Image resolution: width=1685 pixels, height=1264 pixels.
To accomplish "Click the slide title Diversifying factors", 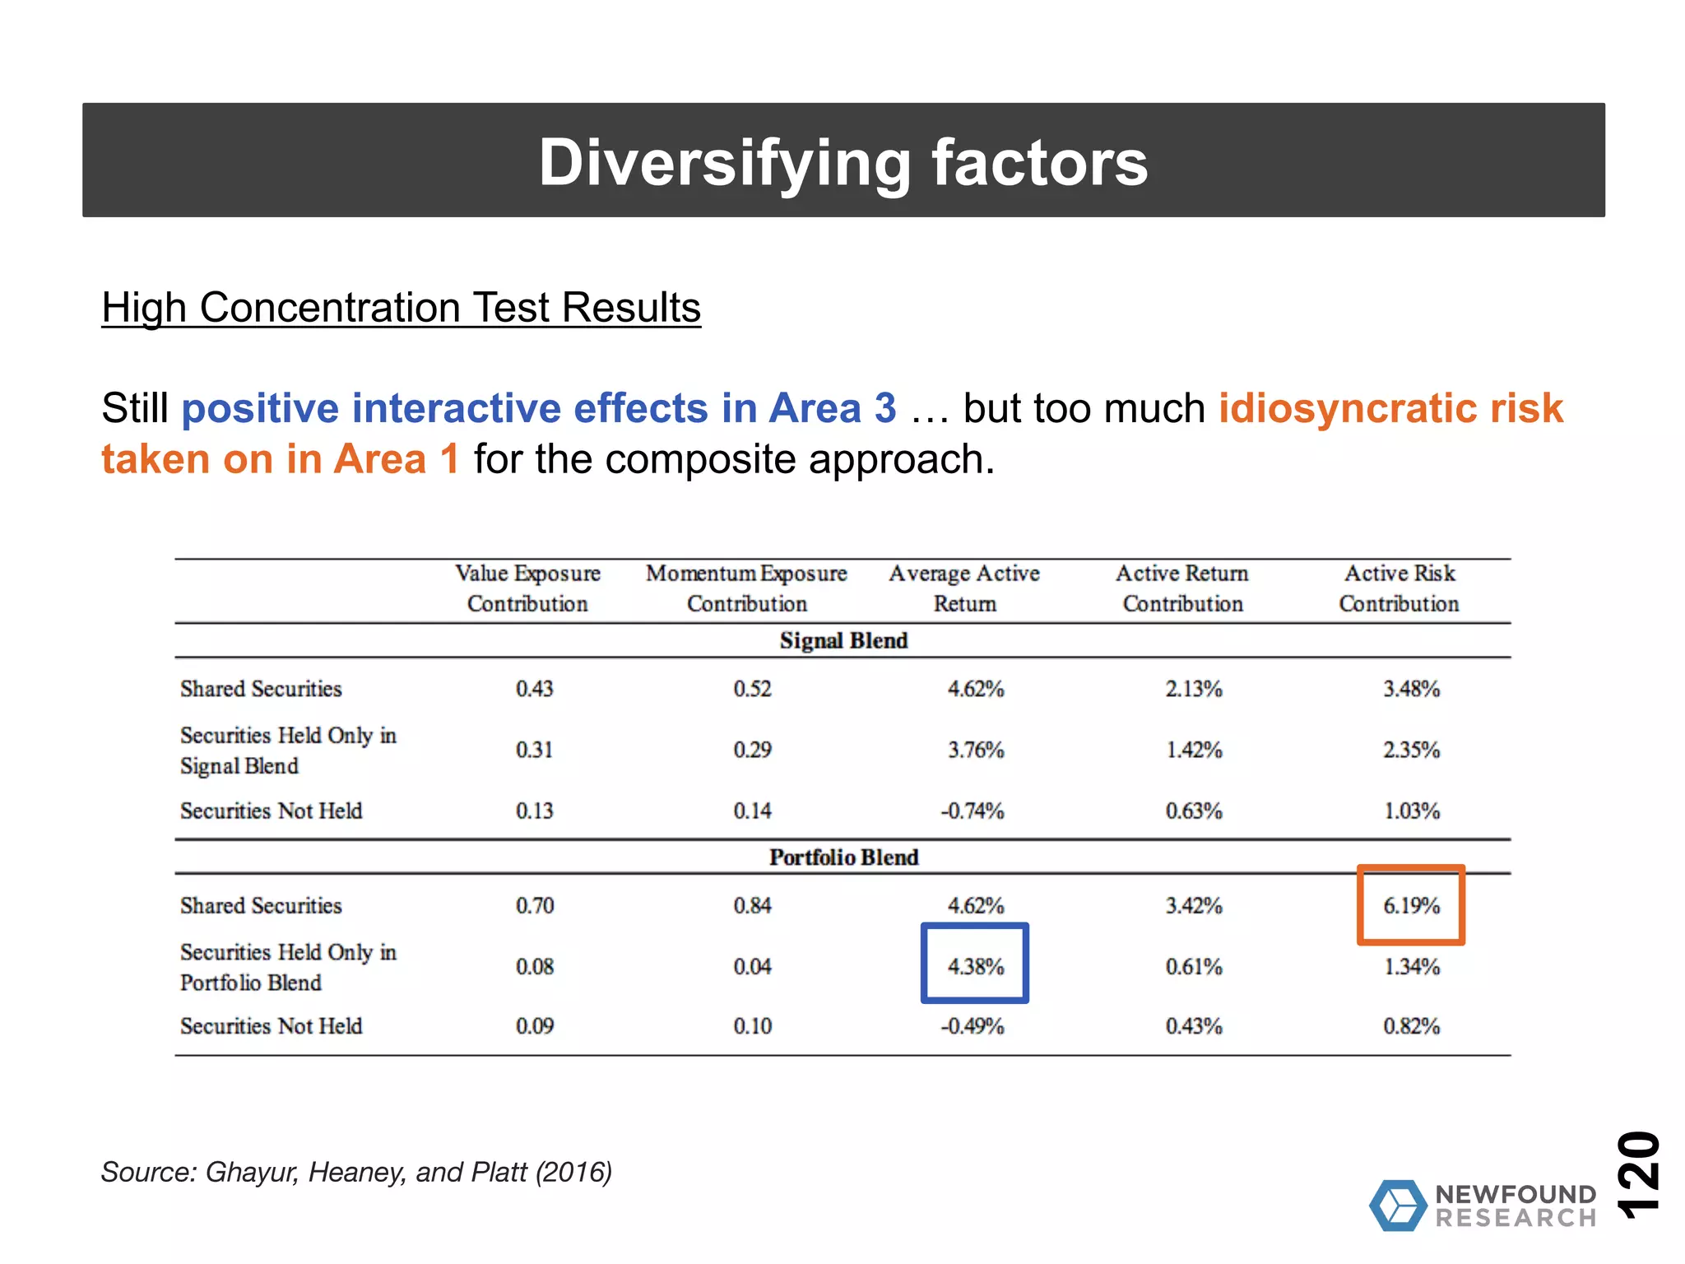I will [842, 162].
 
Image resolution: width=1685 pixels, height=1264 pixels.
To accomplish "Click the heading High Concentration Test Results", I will [401, 308].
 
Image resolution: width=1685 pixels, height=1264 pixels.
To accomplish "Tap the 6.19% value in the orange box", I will [1411, 905].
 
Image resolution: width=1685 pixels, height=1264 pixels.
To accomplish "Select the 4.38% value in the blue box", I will [975, 966].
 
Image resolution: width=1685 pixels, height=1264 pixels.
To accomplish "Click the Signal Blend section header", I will [843, 640].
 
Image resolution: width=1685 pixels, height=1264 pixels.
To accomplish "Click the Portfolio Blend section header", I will [843, 857].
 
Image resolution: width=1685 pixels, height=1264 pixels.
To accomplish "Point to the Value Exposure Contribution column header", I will [527, 588].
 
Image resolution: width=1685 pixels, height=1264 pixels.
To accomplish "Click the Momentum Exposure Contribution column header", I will [746, 588].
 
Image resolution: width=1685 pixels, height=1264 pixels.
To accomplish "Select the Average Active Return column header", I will [964, 588].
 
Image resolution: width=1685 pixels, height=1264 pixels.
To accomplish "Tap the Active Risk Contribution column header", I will [1399, 588].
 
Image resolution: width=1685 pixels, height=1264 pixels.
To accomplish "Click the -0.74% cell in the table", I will [972, 811].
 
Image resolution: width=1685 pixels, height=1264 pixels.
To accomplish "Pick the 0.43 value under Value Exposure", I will [534, 689].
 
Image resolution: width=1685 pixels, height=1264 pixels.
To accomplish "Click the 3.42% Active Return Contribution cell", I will [1193, 906].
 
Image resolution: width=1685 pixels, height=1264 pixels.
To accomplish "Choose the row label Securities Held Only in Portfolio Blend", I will [288, 967].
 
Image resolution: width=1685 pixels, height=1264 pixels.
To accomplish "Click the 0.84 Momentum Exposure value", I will [752, 906].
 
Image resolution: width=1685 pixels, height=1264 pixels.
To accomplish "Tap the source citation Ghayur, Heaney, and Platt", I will [356, 1172].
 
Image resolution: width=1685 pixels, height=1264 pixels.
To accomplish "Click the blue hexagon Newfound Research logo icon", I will [1398, 1206].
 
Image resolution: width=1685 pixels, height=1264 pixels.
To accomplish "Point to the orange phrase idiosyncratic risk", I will [1390, 408].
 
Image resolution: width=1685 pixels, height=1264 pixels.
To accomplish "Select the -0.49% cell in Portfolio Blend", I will [972, 1026].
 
